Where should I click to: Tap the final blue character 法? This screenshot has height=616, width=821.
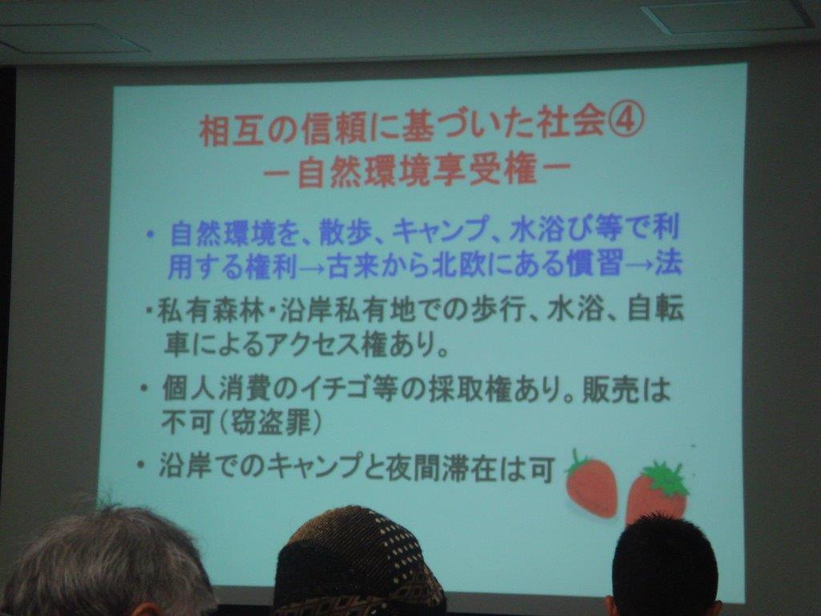(669, 261)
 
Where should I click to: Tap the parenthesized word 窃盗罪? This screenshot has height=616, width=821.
(270, 422)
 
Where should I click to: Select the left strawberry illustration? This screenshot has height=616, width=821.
(591, 484)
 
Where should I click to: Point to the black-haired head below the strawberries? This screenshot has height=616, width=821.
(664, 566)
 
